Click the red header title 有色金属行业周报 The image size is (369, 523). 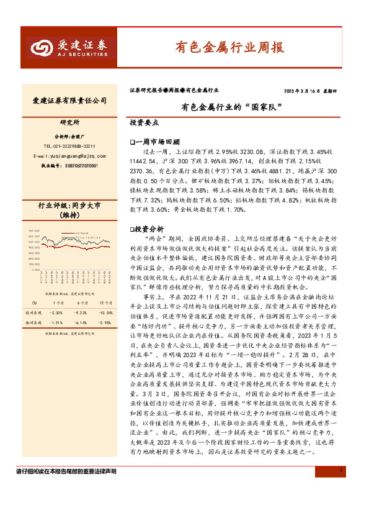point(229,47)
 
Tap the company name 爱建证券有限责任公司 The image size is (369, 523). point(69,100)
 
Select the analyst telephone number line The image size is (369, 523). point(69,145)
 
